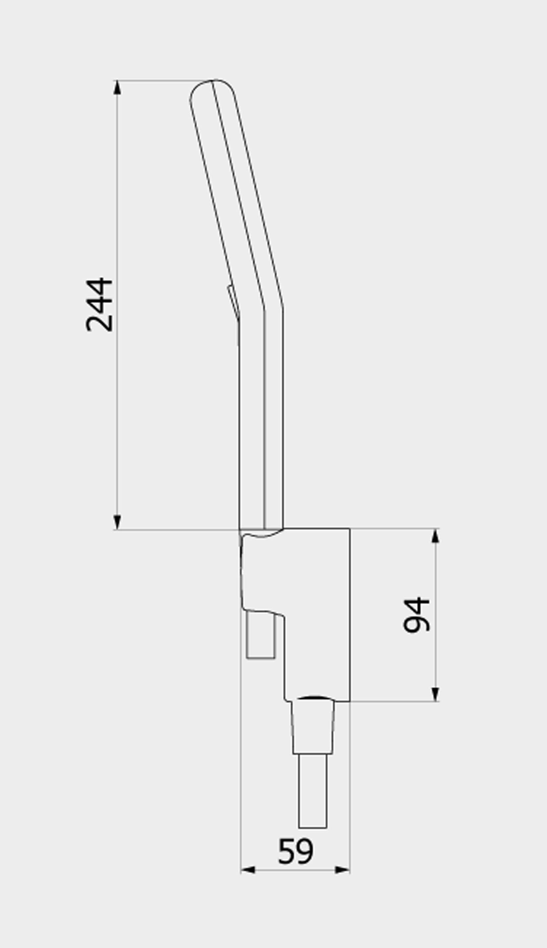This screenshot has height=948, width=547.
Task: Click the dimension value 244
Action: pos(99,305)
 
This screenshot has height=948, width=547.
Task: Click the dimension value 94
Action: pos(416,615)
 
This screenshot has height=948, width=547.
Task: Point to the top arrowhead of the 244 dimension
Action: pos(117,87)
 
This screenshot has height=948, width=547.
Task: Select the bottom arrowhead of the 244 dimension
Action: pos(117,522)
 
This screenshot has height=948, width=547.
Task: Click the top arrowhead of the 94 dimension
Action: pos(435,535)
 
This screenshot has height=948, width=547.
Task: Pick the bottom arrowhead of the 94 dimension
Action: pos(435,694)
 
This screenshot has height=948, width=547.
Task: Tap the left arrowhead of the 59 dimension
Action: pos(248,869)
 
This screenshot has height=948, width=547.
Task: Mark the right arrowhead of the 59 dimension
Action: pos(342,869)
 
